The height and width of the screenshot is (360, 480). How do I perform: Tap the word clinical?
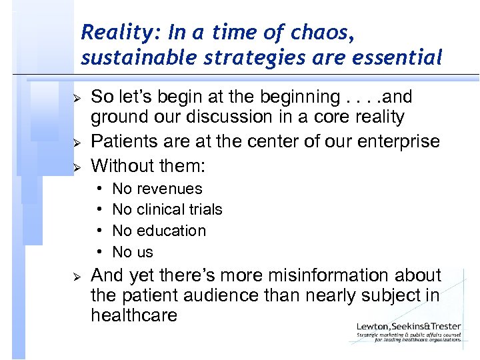click(x=161, y=210)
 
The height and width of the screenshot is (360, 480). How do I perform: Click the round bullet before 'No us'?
click(x=98, y=252)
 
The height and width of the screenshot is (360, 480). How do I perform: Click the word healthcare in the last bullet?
click(x=134, y=315)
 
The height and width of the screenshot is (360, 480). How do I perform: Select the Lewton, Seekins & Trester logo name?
click(x=408, y=326)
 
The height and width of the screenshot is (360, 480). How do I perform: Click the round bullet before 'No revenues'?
click(x=98, y=189)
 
